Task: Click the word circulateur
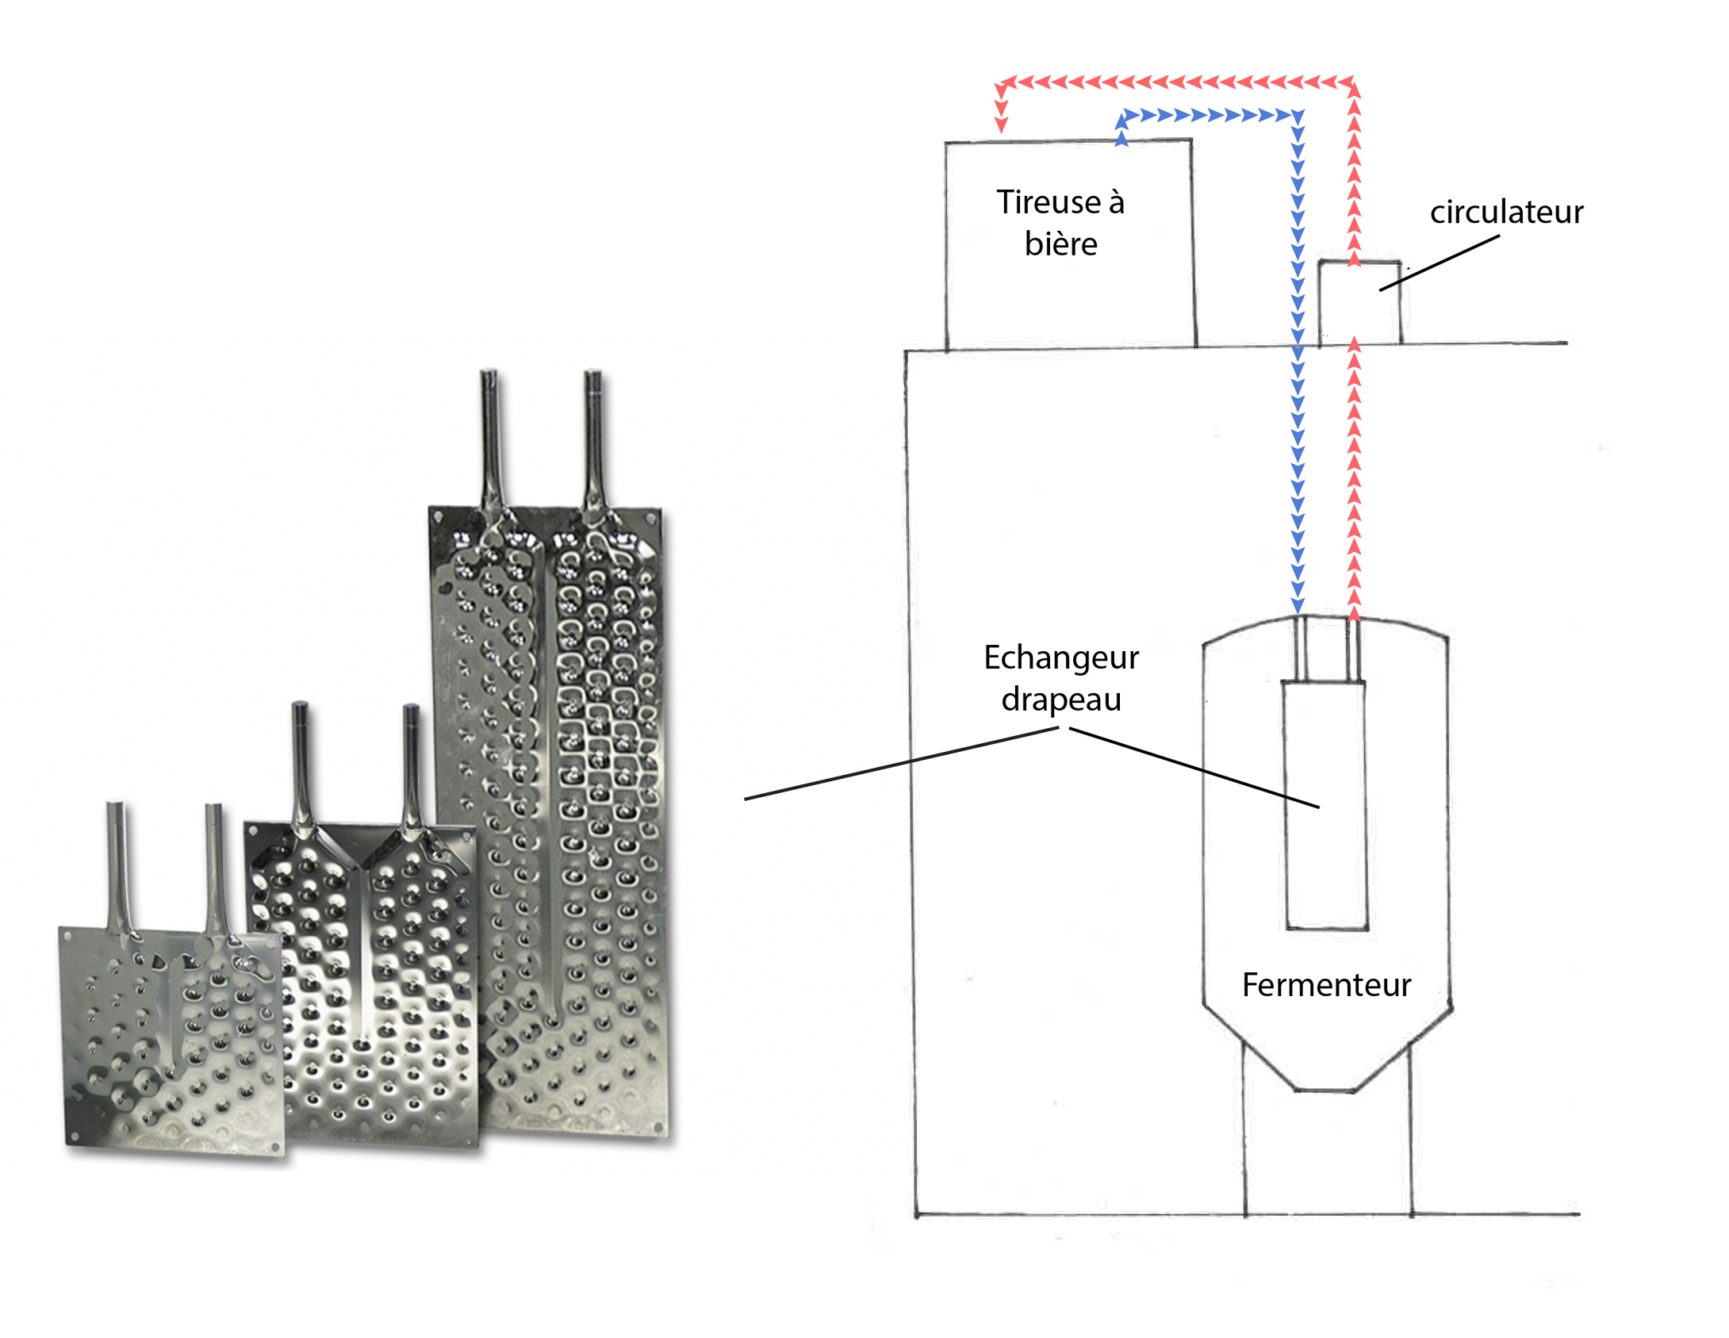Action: tap(1506, 213)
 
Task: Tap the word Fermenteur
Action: tap(1326, 985)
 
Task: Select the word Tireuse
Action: tap(1047, 202)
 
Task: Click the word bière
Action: tap(1060, 244)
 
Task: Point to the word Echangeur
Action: tap(1061, 658)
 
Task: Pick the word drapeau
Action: tap(1061, 700)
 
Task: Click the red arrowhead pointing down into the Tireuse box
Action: tap(1002, 125)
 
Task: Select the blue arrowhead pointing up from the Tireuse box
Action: tap(1121, 138)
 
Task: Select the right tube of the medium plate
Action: tap(411, 765)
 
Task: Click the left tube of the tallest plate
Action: tap(489, 436)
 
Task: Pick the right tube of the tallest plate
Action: tap(593, 436)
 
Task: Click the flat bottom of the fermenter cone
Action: tap(1325, 1091)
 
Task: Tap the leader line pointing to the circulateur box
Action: tap(1440, 263)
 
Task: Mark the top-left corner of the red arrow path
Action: tap(1001, 82)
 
